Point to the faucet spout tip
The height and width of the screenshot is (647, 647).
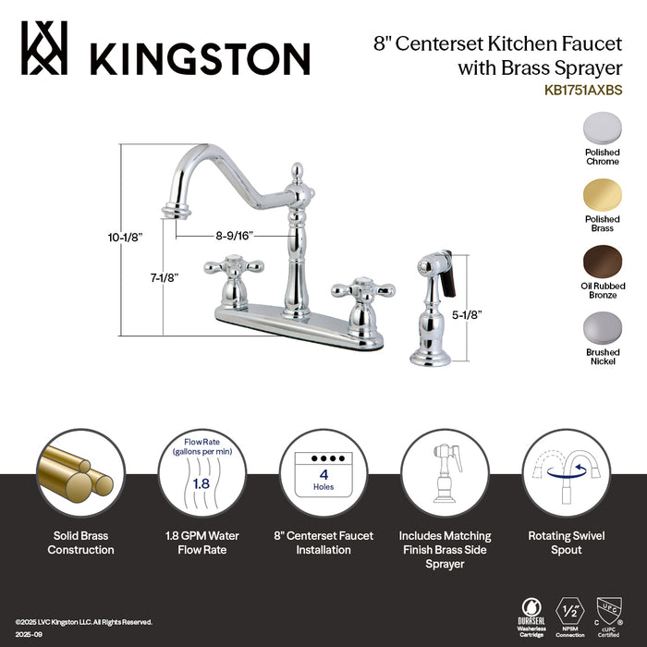173,213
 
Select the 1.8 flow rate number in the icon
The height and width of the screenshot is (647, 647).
200,482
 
